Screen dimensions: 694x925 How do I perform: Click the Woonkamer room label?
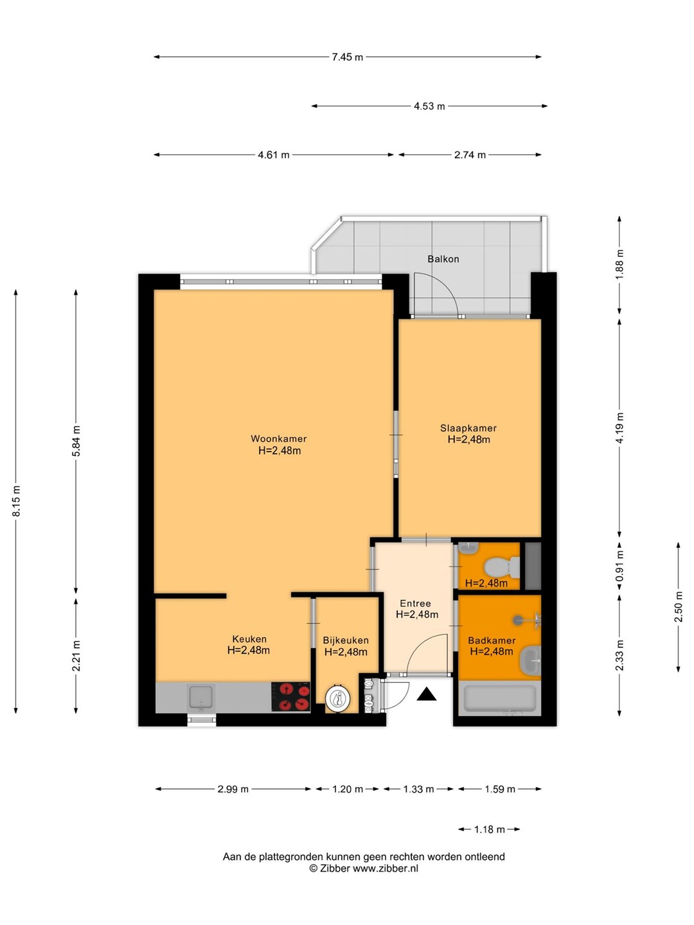click(x=278, y=439)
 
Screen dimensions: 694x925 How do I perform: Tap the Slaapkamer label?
click(x=468, y=428)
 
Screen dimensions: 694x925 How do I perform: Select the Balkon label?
click(x=443, y=259)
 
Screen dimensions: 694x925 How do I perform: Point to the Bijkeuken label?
click(x=346, y=640)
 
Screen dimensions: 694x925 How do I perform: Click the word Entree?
click(x=415, y=603)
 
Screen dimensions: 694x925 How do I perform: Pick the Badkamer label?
click(x=492, y=640)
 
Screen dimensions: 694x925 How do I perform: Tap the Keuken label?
click(x=249, y=639)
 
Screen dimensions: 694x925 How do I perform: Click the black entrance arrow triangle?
click(x=427, y=694)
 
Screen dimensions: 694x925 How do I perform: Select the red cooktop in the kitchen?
click(x=290, y=696)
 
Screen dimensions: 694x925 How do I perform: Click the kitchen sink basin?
click(x=200, y=696)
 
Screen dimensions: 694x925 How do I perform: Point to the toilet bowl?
click(x=501, y=567)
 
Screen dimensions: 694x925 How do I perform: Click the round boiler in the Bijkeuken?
click(x=337, y=700)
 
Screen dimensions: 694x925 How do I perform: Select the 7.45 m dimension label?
click(x=347, y=57)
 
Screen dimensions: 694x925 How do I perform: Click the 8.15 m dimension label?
click(x=16, y=501)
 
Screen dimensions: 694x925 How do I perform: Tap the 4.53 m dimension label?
click(x=429, y=106)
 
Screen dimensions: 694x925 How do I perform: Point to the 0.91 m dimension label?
click(x=619, y=566)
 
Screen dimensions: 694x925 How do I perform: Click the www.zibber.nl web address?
click(x=385, y=868)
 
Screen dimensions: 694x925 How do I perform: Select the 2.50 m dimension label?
click(x=678, y=607)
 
